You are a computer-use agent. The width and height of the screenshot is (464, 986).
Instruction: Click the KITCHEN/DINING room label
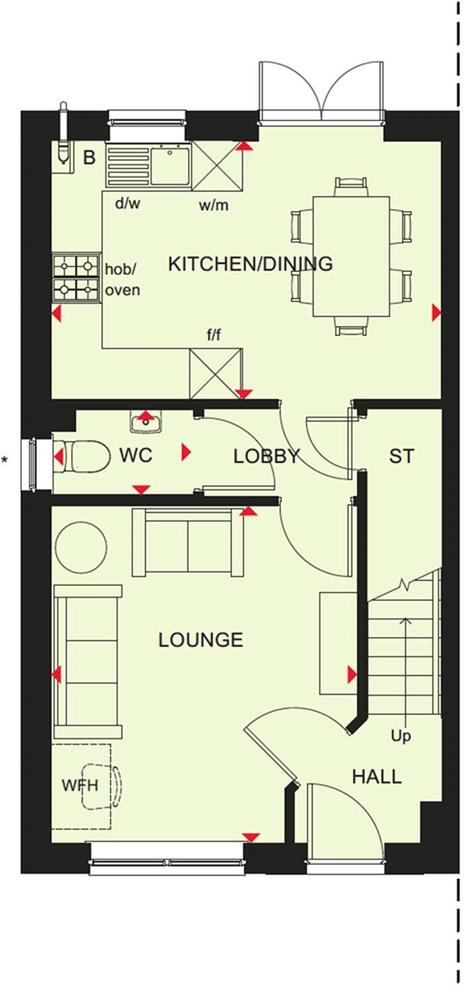[250, 263]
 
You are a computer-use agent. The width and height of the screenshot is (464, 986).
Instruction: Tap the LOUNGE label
[201, 639]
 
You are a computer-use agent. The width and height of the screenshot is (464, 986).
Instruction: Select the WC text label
[135, 455]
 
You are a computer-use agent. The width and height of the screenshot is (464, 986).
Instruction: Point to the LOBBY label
[266, 456]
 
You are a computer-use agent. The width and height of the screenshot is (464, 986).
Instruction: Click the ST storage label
[401, 456]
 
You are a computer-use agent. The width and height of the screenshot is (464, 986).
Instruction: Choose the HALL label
[376, 777]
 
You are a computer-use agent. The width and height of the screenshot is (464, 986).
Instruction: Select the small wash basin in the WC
[145, 423]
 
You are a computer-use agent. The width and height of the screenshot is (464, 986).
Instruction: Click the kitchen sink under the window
[169, 166]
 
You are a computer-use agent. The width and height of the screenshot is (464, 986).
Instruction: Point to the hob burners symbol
[76, 277]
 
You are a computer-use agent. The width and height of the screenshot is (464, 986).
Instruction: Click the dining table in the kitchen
[351, 256]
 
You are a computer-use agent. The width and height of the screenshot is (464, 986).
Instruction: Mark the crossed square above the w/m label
[216, 166]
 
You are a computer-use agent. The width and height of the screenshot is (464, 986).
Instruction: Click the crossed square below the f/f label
[216, 374]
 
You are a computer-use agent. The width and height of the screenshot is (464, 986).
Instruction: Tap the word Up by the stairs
[401, 735]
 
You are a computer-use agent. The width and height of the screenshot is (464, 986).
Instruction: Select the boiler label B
[89, 159]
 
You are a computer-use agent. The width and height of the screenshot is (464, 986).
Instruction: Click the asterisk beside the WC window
[5, 460]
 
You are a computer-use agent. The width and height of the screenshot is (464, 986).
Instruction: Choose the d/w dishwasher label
[127, 203]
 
